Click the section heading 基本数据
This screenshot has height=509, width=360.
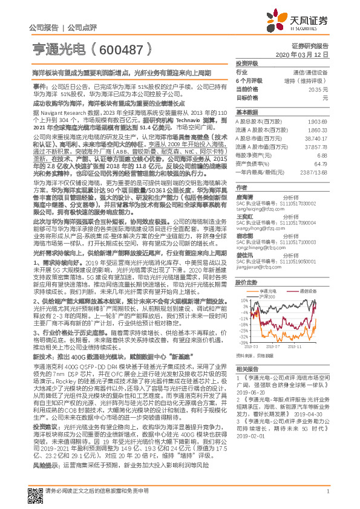[x=246, y=112]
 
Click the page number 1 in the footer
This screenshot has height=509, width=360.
[x=327, y=499]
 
